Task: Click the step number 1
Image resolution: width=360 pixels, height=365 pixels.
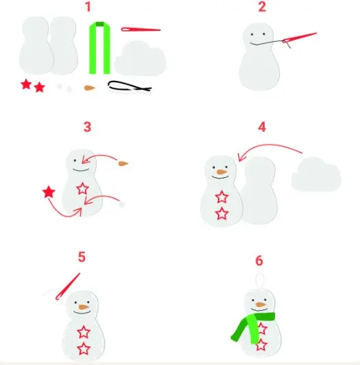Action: [x=88, y=7]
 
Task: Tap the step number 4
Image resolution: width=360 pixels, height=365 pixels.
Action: [x=262, y=127]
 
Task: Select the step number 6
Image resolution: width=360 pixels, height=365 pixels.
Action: [x=259, y=261]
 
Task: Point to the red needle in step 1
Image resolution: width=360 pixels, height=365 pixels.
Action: [x=141, y=30]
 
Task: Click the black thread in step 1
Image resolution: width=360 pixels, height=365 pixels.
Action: [x=130, y=86]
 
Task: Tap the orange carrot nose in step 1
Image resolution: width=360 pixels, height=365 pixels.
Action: [x=90, y=88]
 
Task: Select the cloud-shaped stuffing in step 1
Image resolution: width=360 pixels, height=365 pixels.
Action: [x=141, y=58]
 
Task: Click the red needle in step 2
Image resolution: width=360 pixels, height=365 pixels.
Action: [x=300, y=38]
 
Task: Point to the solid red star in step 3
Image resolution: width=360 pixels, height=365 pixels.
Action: [x=49, y=192]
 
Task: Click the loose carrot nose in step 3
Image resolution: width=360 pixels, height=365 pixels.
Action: [x=123, y=164]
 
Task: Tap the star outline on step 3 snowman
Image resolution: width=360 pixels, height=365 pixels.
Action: [x=82, y=189]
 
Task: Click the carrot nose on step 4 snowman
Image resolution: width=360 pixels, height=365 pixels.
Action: [x=221, y=172]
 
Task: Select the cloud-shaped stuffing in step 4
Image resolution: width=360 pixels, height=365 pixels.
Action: [x=316, y=174]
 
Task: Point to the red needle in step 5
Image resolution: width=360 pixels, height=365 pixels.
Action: [x=68, y=287]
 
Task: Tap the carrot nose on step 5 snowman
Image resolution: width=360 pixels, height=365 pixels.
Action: [x=84, y=307]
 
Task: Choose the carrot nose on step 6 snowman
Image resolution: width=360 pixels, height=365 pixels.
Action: [x=261, y=305]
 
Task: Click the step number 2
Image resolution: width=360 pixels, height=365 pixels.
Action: [x=262, y=7]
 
